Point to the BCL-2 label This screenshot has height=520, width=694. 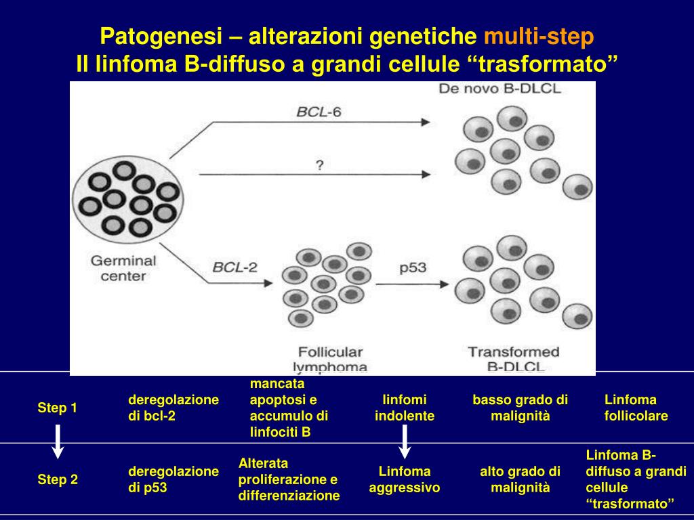click(x=235, y=267)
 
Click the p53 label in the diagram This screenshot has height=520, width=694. click(x=412, y=267)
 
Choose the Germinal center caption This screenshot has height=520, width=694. click(x=123, y=268)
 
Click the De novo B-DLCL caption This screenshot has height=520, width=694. click(x=500, y=89)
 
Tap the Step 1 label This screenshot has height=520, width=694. click(x=57, y=408)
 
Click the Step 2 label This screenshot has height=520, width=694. click(x=58, y=480)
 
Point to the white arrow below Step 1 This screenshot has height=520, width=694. click(x=58, y=441)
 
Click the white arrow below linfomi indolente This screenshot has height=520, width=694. click(x=405, y=441)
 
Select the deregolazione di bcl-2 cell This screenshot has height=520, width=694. click(x=173, y=408)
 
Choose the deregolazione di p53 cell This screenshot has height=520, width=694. click(x=173, y=479)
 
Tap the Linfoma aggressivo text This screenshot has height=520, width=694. click(x=405, y=479)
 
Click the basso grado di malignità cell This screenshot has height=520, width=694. click(x=520, y=408)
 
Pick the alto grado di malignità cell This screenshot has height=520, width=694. click(x=520, y=479)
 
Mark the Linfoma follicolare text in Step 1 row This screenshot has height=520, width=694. click(x=636, y=408)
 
